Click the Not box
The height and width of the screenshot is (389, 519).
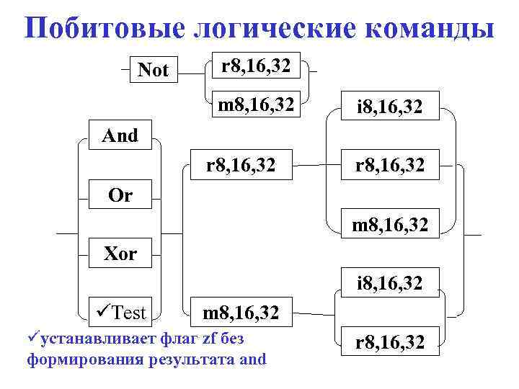[153, 70]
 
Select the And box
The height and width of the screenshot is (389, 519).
[120, 135]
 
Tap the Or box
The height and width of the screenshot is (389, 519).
[120, 195]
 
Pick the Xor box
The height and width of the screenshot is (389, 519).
[120, 254]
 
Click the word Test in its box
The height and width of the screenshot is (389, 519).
[130, 313]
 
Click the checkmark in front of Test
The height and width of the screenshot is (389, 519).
[103, 313]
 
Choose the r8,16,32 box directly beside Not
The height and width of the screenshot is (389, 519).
[256, 66]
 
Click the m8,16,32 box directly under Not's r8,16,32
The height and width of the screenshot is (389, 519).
[256, 105]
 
